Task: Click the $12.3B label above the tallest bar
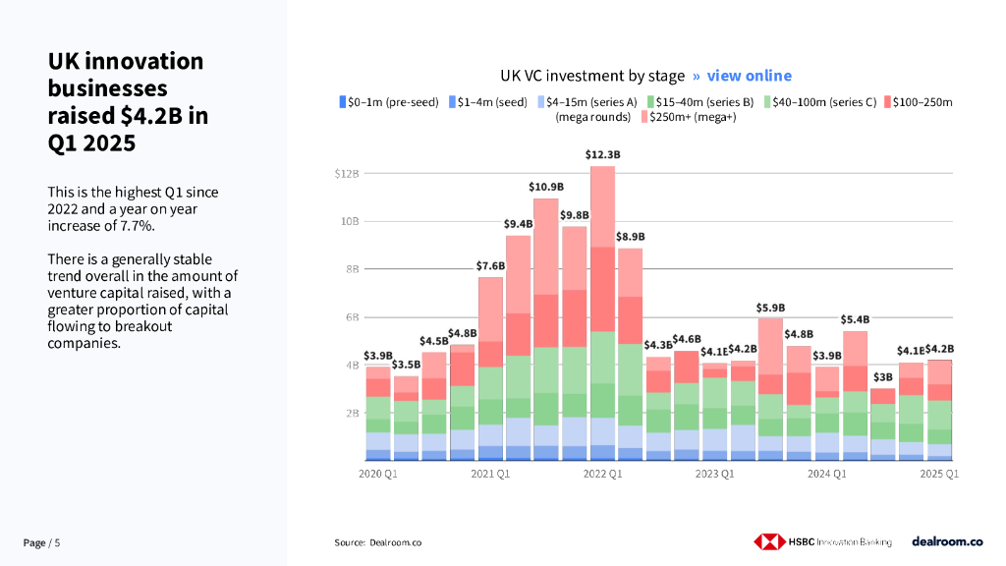pyautogui.click(x=602, y=155)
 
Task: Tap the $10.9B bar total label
pyautogui.click(x=546, y=187)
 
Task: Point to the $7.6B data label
pyautogui.click(x=490, y=265)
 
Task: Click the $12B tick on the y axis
pyautogui.click(x=348, y=174)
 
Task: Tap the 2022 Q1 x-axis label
pyautogui.click(x=602, y=475)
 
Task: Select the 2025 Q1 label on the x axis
pyautogui.click(x=938, y=475)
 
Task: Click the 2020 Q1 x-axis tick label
pyautogui.click(x=378, y=475)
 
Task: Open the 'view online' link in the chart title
pyautogui.click(x=749, y=76)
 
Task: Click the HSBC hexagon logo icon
pyautogui.click(x=769, y=541)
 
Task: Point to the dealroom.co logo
pyautogui.click(x=947, y=541)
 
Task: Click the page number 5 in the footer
pyautogui.click(x=57, y=542)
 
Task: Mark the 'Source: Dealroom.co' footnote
pyautogui.click(x=378, y=542)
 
